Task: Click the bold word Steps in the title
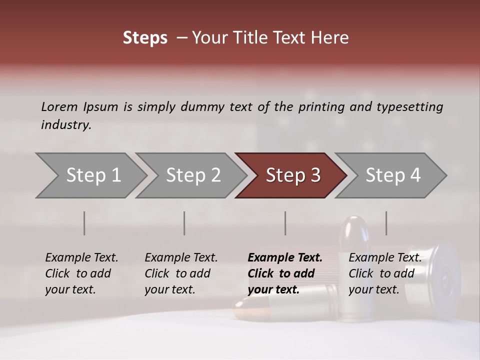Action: point(145,38)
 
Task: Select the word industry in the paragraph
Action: point(65,125)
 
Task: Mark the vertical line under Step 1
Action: point(84,223)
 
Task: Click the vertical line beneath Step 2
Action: point(184,223)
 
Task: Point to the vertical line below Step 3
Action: point(285,223)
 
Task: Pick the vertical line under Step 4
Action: point(386,223)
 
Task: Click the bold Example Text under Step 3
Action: point(285,258)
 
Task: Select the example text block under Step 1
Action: point(81,273)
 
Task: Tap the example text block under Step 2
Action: point(181,273)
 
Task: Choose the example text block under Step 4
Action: point(385,273)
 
